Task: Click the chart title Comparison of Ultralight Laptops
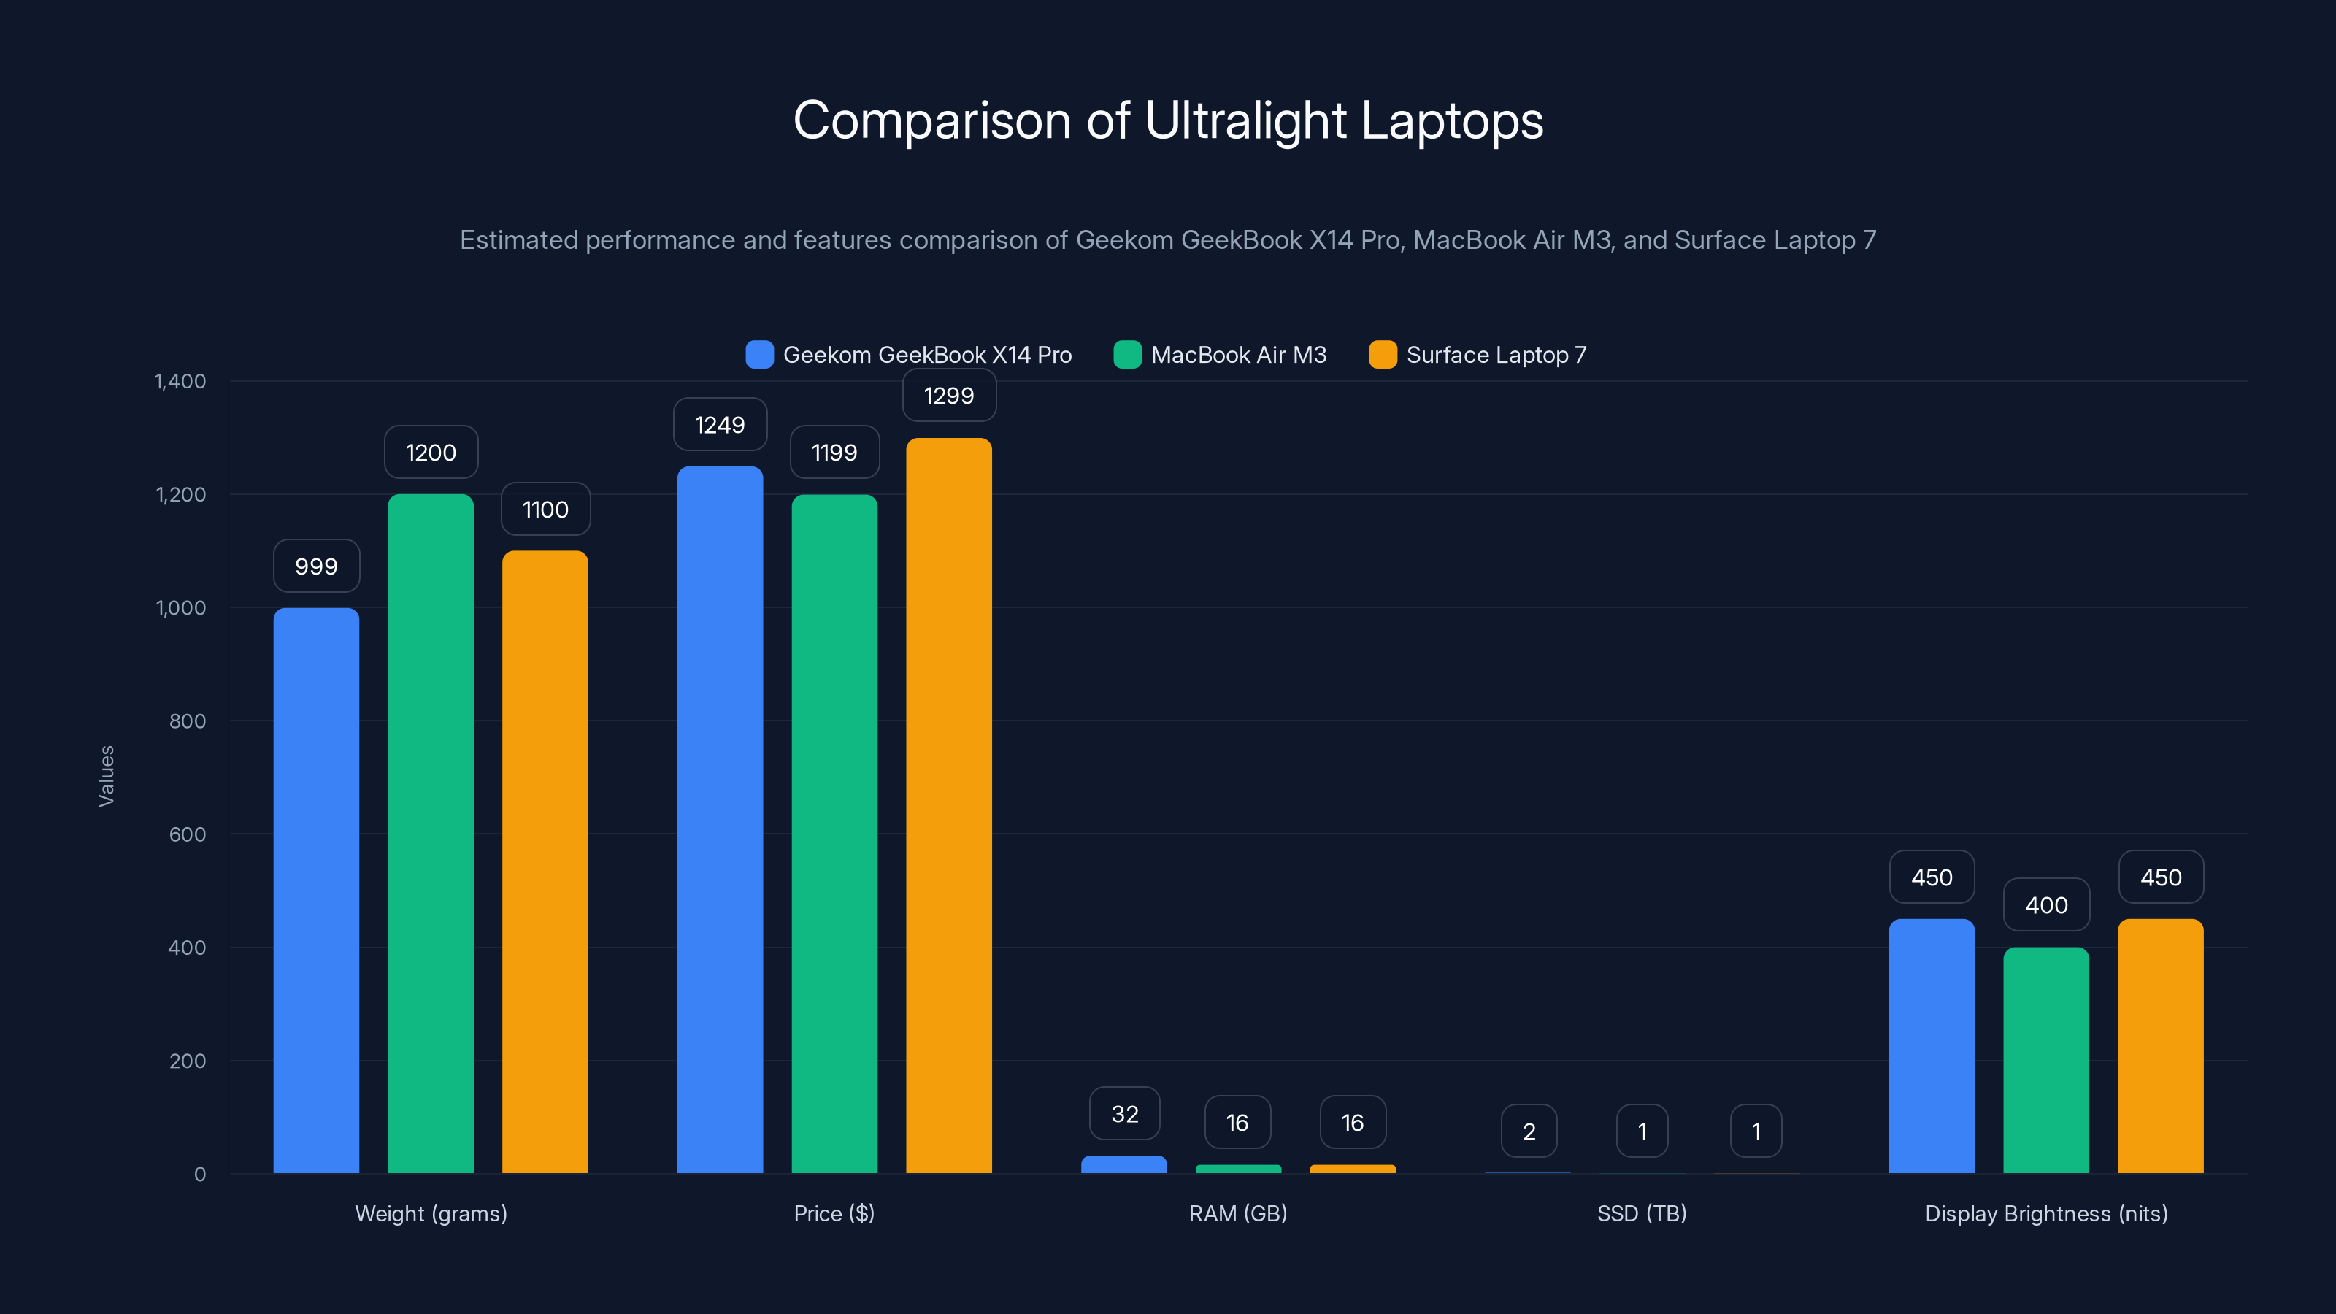(1168, 120)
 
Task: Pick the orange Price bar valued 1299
(948, 805)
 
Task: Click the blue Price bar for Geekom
(720, 819)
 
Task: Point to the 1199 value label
(834, 453)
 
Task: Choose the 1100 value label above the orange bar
(545, 510)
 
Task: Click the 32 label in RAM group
(1124, 1113)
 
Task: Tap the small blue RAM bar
(1124, 1164)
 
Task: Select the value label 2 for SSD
(1529, 1131)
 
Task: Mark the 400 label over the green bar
(2045, 905)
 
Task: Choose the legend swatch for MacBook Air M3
(1127, 355)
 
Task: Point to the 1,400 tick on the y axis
(180, 381)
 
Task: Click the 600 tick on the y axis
(187, 834)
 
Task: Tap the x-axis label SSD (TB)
(1641, 1213)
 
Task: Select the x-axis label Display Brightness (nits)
(2045, 1213)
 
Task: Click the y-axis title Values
(106, 776)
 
